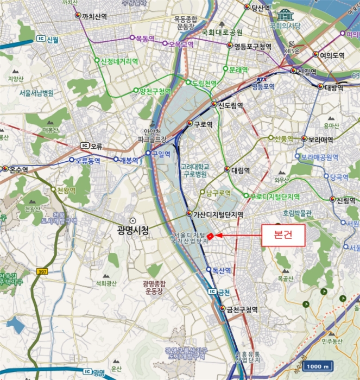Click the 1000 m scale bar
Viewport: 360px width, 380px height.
click(318, 366)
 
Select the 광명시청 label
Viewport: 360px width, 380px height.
click(133, 231)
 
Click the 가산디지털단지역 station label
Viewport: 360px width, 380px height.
click(218, 214)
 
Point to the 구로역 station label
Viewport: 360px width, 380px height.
click(202, 124)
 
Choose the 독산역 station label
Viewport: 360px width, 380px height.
click(222, 270)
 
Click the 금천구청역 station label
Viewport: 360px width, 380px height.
click(242, 309)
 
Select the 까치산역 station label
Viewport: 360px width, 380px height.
click(94, 16)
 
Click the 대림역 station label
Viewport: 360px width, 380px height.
click(239, 170)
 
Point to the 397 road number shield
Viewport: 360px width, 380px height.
click(43, 271)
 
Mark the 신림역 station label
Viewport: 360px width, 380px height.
click(345, 200)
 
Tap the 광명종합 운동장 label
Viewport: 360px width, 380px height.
click(154, 288)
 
